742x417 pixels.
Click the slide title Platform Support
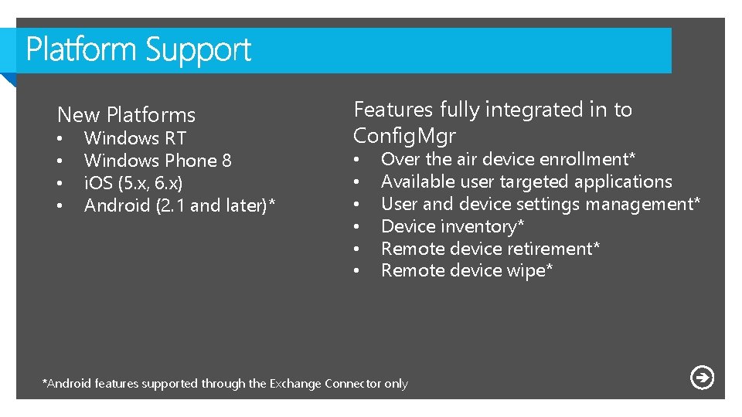pos(139,51)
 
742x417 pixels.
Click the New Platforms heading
pos(126,115)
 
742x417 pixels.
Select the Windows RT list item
pos(134,138)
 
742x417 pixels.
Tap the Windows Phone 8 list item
pos(157,161)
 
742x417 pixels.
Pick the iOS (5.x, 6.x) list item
pos(133,183)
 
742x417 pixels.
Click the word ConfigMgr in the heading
pos(404,136)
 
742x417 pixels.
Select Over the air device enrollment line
pos(508,159)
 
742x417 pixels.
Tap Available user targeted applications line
pos(526,181)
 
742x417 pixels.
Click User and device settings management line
pos(540,204)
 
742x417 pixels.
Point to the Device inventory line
pos(453,226)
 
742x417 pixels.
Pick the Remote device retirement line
pos(491,249)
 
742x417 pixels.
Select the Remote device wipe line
pos(467,271)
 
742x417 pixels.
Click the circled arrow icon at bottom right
pos(702,378)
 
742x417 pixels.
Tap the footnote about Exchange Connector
pos(224,384)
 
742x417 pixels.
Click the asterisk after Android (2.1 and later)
pos(271,204)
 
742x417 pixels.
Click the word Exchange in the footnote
pos(295,384)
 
